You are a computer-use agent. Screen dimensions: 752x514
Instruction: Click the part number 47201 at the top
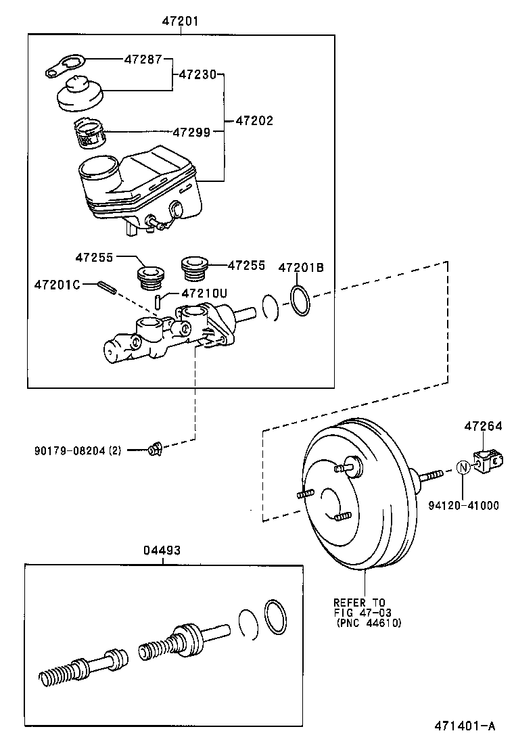[180, 21]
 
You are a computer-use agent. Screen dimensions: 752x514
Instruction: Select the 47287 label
[143, 59]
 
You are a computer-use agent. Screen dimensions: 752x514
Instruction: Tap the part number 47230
[197, 74]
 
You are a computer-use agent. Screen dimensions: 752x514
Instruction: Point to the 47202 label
[254, 121]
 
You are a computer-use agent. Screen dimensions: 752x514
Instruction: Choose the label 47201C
[57, 285]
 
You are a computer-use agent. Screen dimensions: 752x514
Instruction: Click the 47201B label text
[302, 268]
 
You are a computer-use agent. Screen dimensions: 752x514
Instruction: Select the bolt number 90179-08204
[78, 450]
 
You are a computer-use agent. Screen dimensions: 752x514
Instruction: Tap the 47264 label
[483, 427]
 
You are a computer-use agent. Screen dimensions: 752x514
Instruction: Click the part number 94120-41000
[464, 505]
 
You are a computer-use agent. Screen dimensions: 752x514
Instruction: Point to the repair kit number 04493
[162, 550]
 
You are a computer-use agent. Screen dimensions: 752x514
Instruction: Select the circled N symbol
[463, 467]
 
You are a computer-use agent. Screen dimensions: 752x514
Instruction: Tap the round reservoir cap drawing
[79, 95]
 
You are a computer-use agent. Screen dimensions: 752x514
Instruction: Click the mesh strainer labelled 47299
[89, 133]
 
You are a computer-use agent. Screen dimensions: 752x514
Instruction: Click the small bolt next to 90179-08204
[154, 448]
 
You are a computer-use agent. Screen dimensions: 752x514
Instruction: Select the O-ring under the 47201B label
[300, 301]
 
